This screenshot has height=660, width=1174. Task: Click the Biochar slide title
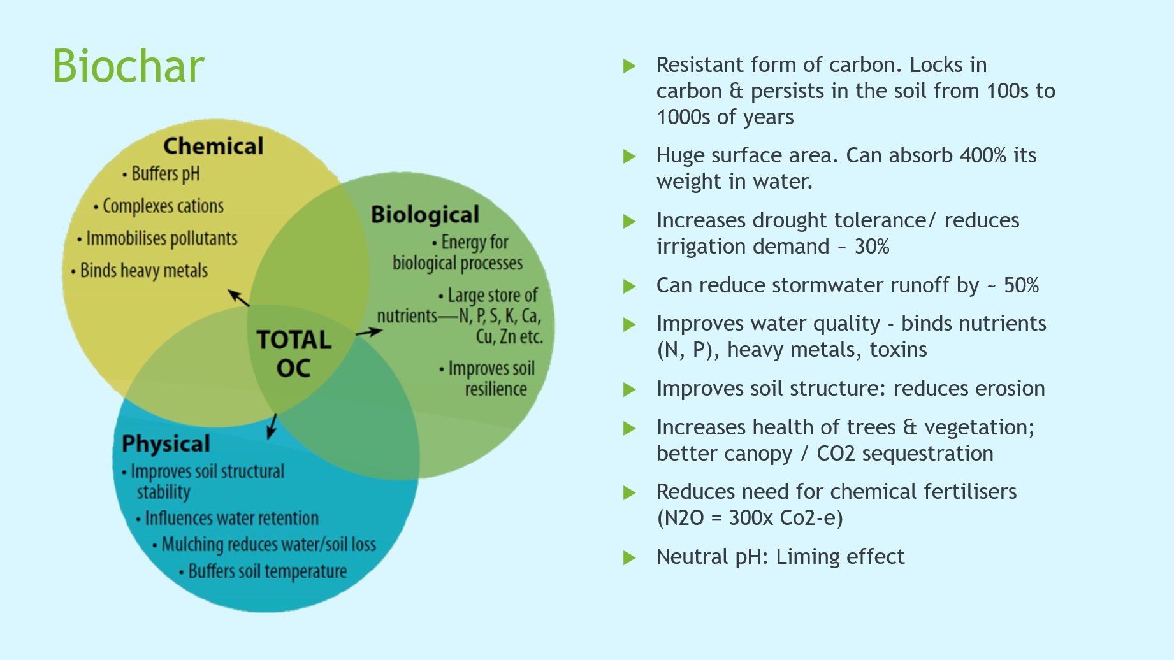[x=128, y=66]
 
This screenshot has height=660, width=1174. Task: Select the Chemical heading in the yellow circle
[x=213, y=146]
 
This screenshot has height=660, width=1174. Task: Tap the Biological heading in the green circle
[x=424, y=215]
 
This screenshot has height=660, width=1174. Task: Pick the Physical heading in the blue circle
[x=166, y=443]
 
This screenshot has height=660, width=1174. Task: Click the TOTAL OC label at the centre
[x=294, y=354]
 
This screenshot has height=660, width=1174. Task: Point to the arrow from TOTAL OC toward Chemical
[x=239, y=298]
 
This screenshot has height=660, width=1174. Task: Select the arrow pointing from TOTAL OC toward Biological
[x=369, y=332]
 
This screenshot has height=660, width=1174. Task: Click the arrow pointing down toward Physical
[x=272, y=426]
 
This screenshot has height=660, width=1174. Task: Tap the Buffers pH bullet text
[x=165, y=174]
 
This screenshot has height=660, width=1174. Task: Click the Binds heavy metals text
[x=143, y=271]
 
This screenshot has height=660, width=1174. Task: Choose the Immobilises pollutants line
[x=161, y=238]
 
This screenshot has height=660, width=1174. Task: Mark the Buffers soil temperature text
[x=267, y=571]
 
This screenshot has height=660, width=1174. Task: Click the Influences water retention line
[x=231, y=518]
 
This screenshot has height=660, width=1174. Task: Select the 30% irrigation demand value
[x=871, y=247]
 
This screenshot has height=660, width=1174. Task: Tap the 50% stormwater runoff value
[x=1021, y=285]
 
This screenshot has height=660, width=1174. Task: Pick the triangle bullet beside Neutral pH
[x=629, y=558]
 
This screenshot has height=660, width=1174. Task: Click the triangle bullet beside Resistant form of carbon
[x=629, y=66]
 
